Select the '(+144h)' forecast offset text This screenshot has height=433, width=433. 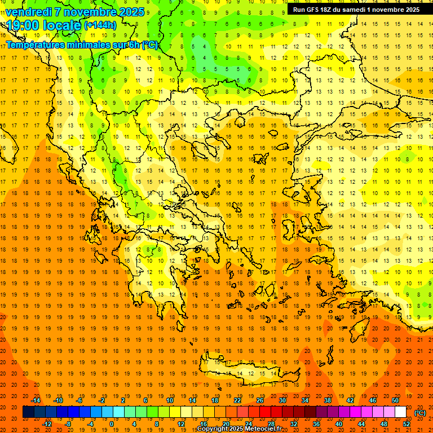(x=100, y=25)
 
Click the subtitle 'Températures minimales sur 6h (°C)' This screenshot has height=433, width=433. (x=82, y=45)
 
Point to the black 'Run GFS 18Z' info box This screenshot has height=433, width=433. (x=356, y=10)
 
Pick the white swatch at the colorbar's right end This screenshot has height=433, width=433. (x=401, y=412)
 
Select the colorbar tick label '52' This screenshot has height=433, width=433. (x=407, y=424)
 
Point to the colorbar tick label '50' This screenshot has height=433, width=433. (x=395, y=400)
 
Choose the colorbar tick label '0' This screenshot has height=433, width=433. (x=112, y=424)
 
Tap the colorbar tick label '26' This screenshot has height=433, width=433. (x=260, y=400)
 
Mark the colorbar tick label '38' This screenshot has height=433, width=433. (x=328, y=400)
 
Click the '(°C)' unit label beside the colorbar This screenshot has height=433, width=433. (x=421, y=413)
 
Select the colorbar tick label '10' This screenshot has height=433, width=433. (x=170, y=400)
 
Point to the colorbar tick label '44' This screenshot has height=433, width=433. (x=361, y=424)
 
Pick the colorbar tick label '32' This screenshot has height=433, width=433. (x=294, y=424)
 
